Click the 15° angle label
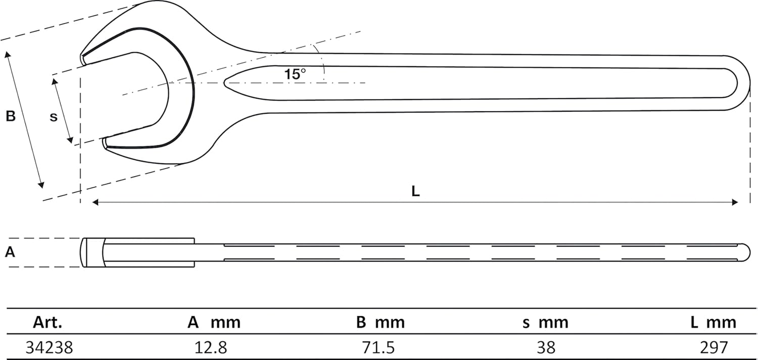[x=295, y=74]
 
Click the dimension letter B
[x=10, y=116]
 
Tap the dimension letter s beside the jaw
[x=54, y=117]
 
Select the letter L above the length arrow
[x=415, y=191]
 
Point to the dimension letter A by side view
[x=10, y=252]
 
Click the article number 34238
[x=49, y=347]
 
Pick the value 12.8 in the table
[x=211, y=347]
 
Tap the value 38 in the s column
[x=546, y=347]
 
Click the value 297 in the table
[x=713, y=347]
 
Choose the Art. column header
[x=47, y=322]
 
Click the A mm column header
[x=214, y=322]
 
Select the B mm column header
[x=380, y=322]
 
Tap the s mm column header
[x=545, y=322]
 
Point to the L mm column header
[x=713, y=322]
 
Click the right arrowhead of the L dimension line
[x=735, y=202]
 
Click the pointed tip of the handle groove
[x=225, y=82]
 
